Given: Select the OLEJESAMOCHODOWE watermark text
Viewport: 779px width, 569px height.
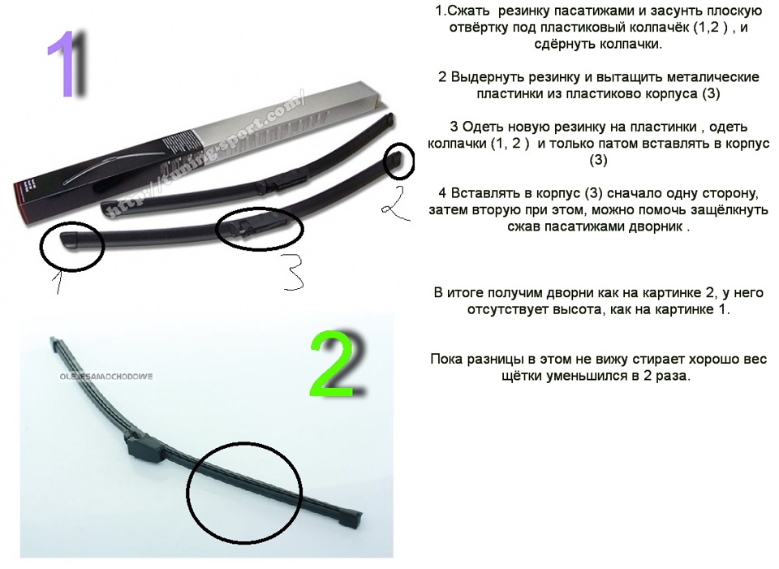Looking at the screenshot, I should point(105,377).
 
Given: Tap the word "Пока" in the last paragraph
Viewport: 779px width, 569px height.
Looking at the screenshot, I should point(445,359).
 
